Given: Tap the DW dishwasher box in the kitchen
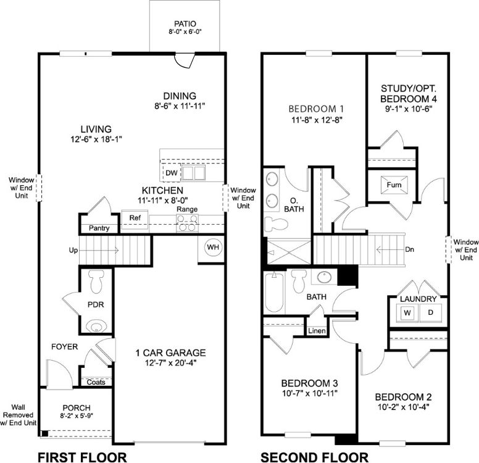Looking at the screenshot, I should (x=170, y=172).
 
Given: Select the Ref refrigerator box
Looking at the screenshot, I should (x=133, y=219).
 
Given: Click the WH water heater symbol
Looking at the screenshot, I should (x=213, y=248).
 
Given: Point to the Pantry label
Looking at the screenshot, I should (x=99, y=228).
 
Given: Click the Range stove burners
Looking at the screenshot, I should (x=187, y=226).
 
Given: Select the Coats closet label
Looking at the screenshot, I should (x=96, y=382).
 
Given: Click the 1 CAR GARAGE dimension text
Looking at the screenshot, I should (x=170, y=364).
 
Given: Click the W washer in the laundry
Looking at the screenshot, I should (x=407, y=313).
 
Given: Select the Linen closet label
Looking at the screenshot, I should (x=317, y=332).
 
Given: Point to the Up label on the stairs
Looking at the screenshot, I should (x=74, y=251).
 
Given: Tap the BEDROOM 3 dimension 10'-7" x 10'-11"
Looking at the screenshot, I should (x=309, y=393).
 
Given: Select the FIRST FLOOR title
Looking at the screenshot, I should (x=82, y=457).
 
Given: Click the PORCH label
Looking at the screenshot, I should (x=77, y=407).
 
